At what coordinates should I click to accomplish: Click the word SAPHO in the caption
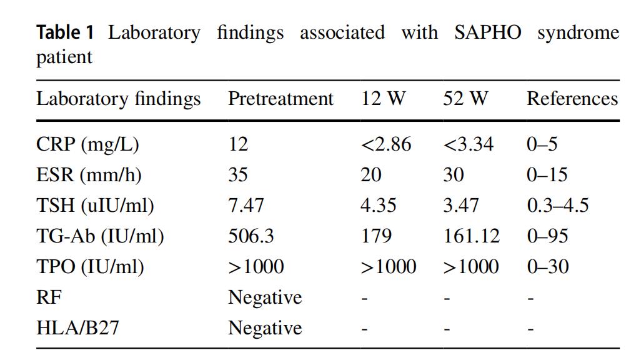pyautogui.click(x=487, y=32)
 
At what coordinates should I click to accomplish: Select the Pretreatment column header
pyautogui.click(x=281, y=99)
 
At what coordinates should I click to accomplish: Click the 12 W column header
pyautogui.click(x=383, y=99)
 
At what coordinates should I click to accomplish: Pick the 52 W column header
pyautogui.click(x=465, y=99)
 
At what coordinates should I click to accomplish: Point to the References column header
pyautogui.click(x=572, y=99)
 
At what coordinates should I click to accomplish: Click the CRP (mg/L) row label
pyautogui.click(x=87, y=144)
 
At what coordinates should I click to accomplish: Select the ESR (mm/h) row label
pyautogui.click(x=89, y=174)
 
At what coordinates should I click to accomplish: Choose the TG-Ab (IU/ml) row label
pyautogui.click(x=100, y=236)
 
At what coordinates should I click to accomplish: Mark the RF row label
pyautogui.click(x=49, y=297)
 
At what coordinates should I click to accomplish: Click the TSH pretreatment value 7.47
pyautogui.click(x=246, y=205)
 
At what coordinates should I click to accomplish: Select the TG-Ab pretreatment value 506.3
pyautogui.click(x=251, y=236)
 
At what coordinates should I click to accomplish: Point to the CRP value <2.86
pyautogui.click(x=386, y=144)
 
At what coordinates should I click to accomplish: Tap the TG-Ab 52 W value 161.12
pyautogui.click(x=472, y=236)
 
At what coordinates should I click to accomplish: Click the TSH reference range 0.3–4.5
pyautogui.click(x=557, y=205)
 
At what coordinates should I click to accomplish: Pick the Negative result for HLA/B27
pyautogui.click(x=264, y=327)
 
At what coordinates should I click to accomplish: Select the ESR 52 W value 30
pyautogui.click(x=454, y=174)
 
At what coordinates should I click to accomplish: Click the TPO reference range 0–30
pyautogui.click(x=547, y=266)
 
